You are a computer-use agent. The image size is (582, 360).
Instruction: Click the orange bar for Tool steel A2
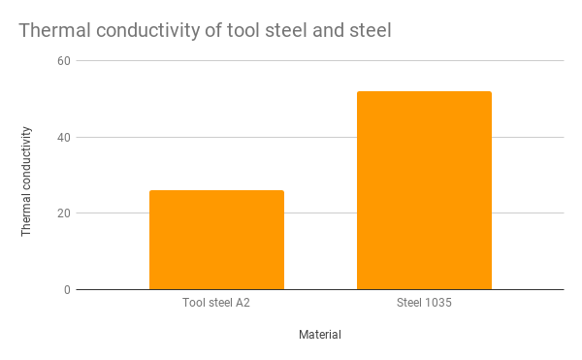click(x=216, y=240)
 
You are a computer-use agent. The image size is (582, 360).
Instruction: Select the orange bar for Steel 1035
click(x=424, y=190)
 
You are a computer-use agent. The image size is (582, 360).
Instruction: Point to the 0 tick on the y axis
click(x=65, y=289)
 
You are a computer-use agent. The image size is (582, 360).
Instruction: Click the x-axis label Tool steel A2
click(x=216, y=303)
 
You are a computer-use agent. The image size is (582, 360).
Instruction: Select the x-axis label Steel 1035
click(x=424, y=303)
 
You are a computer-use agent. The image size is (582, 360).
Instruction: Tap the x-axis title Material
click(x=320, y=335)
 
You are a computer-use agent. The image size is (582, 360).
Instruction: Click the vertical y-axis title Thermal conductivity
click(x=27, y=180)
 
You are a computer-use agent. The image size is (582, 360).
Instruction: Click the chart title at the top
click(x=205, y=31)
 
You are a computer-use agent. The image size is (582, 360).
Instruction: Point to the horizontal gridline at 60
click(x=320, y=61)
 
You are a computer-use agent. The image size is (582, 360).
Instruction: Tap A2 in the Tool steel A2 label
click(x=242, y=303)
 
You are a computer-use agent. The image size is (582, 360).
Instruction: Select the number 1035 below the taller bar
click(x=438, y=303)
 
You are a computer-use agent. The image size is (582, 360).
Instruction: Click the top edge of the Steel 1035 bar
click(x=424, y=92)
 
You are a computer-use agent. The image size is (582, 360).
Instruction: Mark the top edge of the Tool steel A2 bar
click(x=216, y=191)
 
